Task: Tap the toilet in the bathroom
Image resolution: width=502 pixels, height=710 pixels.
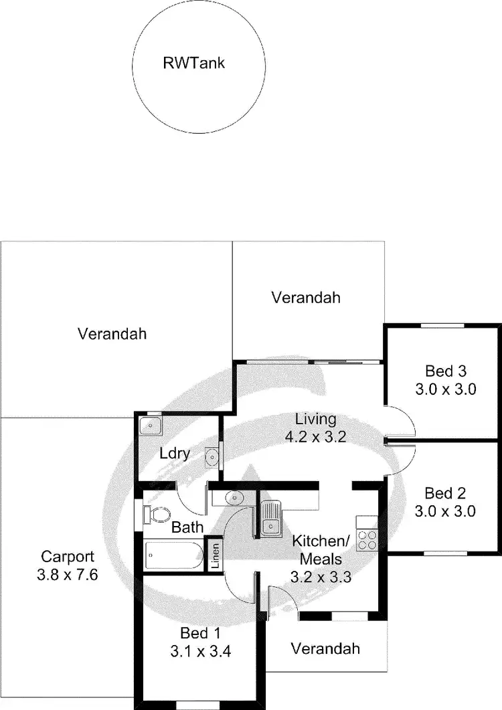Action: (158, 515)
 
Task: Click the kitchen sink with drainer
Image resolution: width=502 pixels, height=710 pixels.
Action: (271, 519)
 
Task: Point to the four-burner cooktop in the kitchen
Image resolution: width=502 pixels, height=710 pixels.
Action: (366, 539)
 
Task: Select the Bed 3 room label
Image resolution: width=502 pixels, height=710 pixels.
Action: (445, 371)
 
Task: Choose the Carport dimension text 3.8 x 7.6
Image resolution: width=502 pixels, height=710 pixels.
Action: (68, 573)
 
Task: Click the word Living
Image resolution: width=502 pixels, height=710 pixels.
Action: (316, 420)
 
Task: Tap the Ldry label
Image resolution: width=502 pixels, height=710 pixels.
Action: (175, 453)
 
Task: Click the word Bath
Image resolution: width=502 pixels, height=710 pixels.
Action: (187, 528)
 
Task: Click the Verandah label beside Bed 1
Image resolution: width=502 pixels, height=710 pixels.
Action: (325, 648)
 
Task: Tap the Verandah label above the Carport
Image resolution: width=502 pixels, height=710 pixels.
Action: (112, 333)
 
